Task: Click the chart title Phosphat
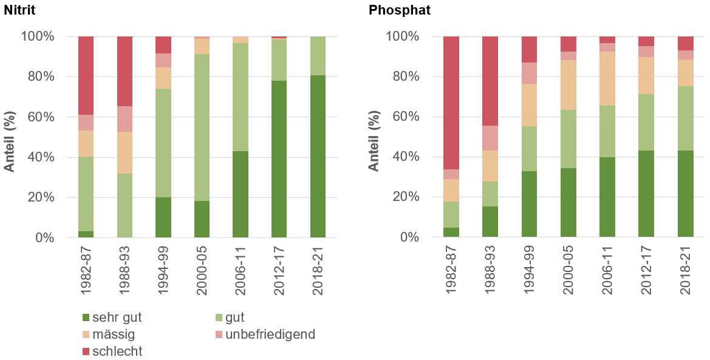pos(400,10)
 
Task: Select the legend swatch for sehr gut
pos(86,317)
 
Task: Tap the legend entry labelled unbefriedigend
pos(270,334)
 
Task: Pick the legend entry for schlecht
pos(117,351)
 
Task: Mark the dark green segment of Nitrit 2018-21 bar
pos(318,156)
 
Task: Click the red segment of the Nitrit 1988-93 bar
pos(125,71)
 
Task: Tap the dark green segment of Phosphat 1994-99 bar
pos(529,204)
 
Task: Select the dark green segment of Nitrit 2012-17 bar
pos(279,158)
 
